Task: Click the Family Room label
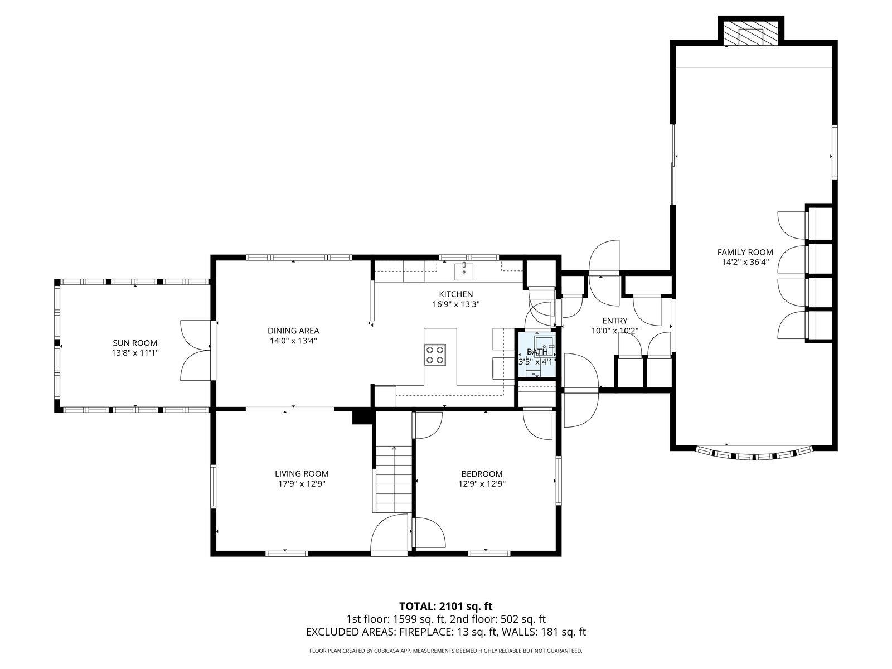tap(745, 252)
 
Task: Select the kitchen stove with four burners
tap(435, 355)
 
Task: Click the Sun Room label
tap(135, 343)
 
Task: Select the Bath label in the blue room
tap(537, 352)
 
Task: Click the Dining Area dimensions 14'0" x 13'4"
tap(293, 340)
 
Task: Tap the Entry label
tap(614, 321)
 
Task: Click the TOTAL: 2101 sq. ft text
tap(445, 606)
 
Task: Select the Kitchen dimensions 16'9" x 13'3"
tap(455, 304)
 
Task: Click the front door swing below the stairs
tap(390, 534)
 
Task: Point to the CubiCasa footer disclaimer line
tap(445, 651)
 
